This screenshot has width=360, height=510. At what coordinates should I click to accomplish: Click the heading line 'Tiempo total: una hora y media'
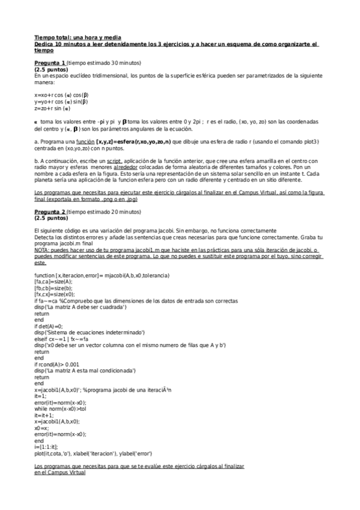[70, 37]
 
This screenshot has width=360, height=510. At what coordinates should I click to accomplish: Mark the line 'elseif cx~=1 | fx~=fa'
[66, 338]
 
